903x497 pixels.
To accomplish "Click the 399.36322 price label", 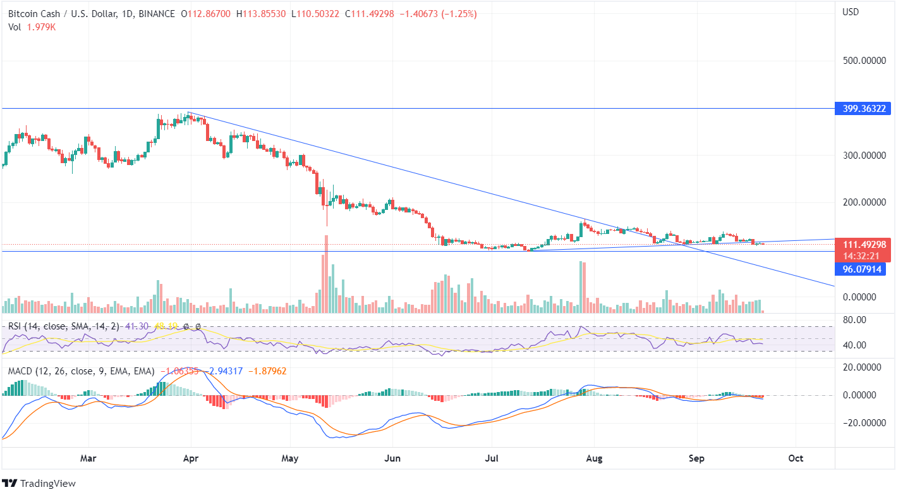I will [x=863, y=109].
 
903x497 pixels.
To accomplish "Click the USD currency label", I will [x=852, y=12].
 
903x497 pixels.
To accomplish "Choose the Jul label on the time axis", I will [x=490, y=458].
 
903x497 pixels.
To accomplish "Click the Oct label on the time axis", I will [x=796, y=458].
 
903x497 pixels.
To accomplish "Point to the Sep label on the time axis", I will [x=696, y=458].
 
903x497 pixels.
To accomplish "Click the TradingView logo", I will [x=39, y=483].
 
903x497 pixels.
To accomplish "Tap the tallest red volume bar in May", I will [x=326, y=274].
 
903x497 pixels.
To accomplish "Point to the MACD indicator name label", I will [x=20, y=371].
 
